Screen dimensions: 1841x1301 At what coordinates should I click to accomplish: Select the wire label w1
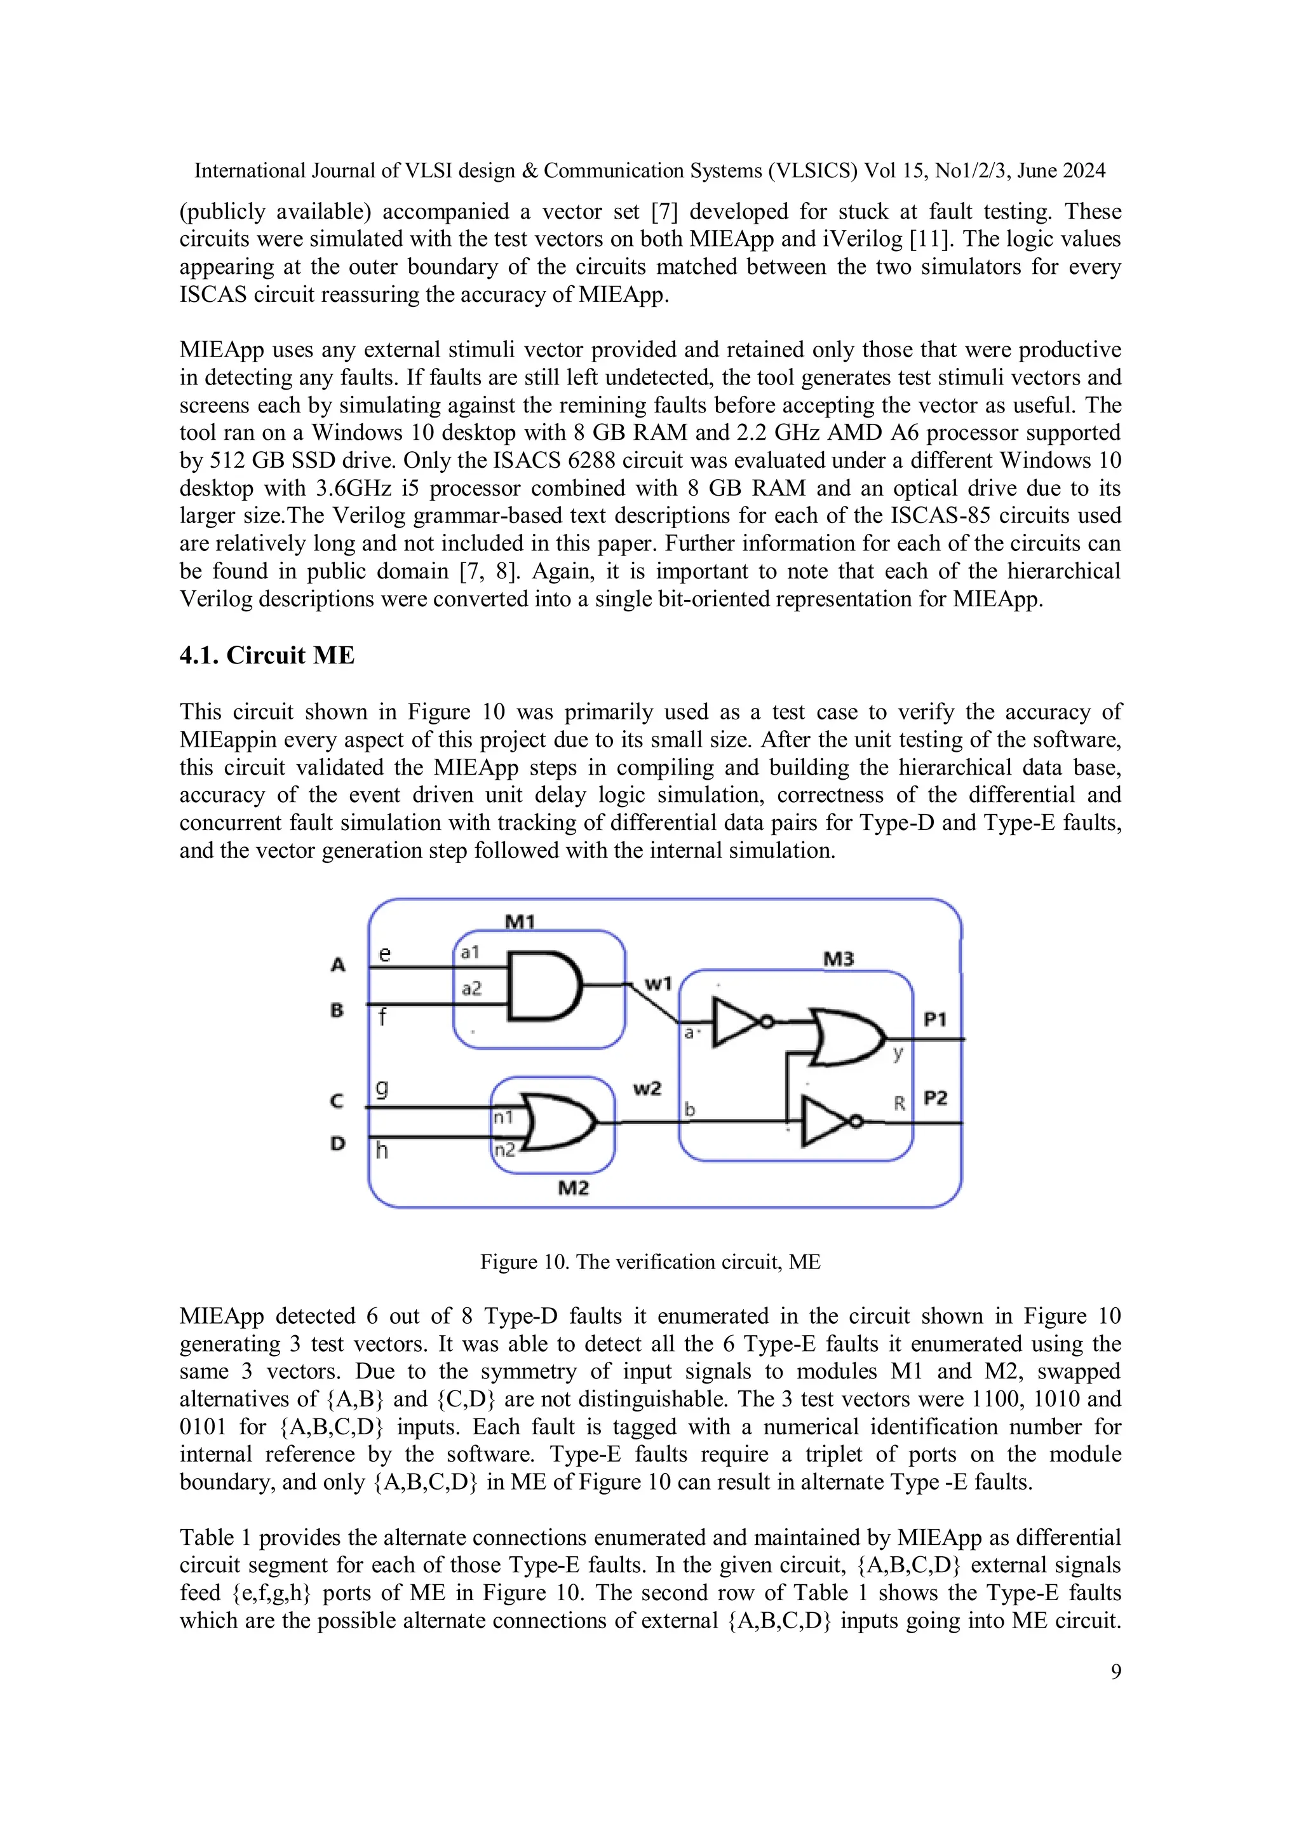point(658,983)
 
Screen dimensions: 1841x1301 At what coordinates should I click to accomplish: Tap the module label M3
point(839,959)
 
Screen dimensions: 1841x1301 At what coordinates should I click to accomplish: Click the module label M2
point(573,1188)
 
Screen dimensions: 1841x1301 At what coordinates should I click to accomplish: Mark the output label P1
point(934,1019)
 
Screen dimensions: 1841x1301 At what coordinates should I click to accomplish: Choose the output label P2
point(934,1097)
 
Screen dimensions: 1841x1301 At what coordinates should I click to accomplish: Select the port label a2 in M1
point(471,989)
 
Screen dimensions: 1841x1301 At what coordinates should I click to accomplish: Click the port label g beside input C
point(383,1088)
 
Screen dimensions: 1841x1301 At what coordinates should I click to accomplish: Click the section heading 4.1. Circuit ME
point(266,655)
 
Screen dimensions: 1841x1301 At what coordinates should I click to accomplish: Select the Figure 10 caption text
point(650,1262)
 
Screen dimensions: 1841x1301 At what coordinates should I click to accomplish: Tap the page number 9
point(1116,1671)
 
